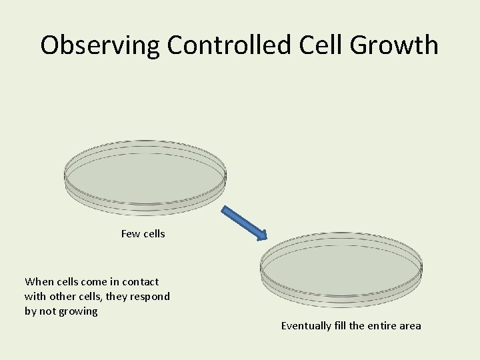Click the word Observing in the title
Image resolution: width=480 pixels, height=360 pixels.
point(100,45)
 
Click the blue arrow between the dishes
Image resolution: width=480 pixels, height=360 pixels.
point(244,222)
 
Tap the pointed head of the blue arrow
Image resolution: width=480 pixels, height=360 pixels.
point(262,235)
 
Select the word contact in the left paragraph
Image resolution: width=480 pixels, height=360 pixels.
point(139,282)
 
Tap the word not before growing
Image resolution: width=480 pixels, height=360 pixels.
point(47,311)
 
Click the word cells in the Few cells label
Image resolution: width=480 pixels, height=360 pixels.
point(153,234)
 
